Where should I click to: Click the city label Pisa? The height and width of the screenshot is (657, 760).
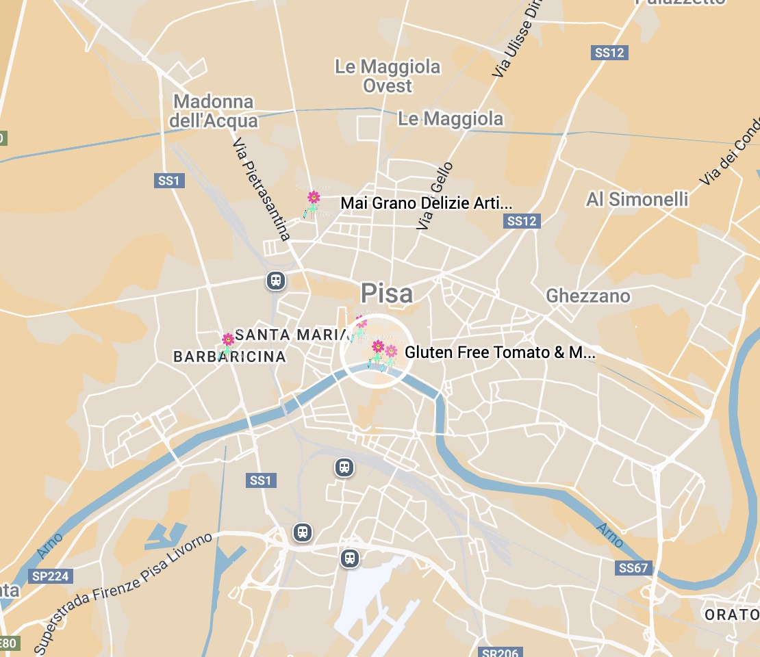click(x=387, y=294)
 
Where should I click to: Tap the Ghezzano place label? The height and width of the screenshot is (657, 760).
click(x=588, y=296)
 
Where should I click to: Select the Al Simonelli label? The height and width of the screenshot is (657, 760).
click(x=637, y=200)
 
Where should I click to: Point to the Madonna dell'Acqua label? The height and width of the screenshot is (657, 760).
click(x=214, y=112)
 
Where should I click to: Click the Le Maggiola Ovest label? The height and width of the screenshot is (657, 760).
click(x=388, y=77)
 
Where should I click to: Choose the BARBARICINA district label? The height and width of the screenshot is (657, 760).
click(x=229, y=357)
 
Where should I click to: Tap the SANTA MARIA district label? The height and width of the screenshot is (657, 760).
click(x=292, y=335)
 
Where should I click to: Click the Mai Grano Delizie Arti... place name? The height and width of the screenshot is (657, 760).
click(x=426, y=203)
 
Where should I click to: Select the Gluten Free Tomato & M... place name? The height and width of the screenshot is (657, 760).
click(x=500, y=352)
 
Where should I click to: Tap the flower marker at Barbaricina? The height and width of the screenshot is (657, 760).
click(x=227, y=344)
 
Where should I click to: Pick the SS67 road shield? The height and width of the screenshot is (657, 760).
click(x=633, y=568)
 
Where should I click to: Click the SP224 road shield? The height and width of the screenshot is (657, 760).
click(x=50, y=576)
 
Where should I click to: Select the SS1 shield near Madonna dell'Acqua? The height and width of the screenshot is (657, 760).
click(x=168, y=181)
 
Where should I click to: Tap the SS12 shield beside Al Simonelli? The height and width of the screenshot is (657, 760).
click(x=522, y=220)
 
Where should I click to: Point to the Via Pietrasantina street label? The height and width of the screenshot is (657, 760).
click(x=262, y=190)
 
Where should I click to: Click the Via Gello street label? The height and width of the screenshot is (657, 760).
click(x=434, y=195)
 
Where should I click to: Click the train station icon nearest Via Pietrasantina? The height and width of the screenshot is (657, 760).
click(x=276, y=281)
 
